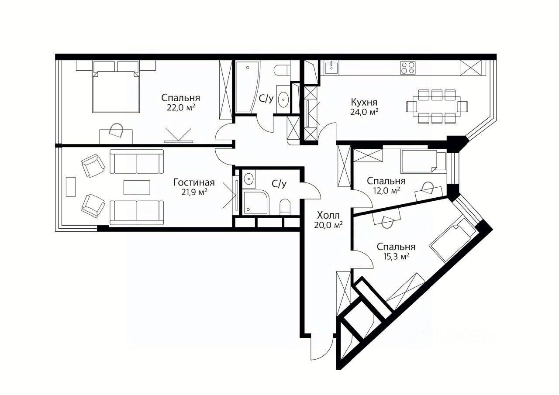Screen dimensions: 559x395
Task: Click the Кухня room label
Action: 364,102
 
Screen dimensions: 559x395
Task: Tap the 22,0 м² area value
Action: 181,108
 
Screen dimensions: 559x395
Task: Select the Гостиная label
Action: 194,182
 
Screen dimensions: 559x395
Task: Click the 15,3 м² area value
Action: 396,256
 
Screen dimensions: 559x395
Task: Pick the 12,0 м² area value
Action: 386,191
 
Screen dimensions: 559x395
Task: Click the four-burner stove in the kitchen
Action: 407,68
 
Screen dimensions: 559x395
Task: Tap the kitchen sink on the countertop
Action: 331,68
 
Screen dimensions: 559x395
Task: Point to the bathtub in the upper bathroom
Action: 248,87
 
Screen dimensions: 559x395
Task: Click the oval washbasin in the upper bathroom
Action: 283,100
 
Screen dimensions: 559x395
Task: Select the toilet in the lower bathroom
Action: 285,207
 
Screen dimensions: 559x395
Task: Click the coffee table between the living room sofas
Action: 137,188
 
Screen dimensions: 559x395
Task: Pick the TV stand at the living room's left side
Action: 71,187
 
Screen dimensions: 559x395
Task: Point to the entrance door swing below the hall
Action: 322,348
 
